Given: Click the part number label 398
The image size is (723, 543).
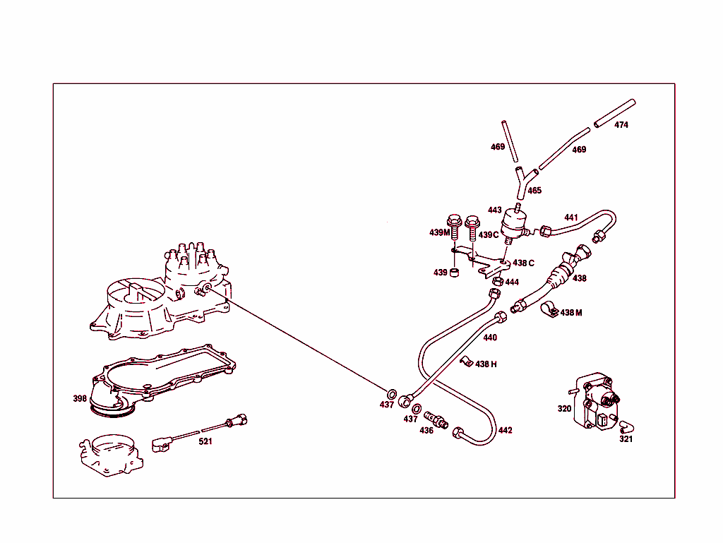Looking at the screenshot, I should pos(80,398).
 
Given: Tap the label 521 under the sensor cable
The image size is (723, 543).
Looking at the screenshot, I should pos(205,441).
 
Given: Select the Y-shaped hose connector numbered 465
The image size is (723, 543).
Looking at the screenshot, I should pos(522,179).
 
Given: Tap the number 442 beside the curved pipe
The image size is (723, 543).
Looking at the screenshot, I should pos(505,430).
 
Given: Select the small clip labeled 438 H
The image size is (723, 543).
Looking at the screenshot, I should pos(465,362).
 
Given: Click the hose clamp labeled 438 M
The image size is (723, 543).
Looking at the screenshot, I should pos(549,310).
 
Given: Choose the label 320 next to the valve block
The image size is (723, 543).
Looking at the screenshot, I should pos(564,408).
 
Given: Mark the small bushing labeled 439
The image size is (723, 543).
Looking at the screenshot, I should pos(456,273).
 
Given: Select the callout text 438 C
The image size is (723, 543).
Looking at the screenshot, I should pos(523,263).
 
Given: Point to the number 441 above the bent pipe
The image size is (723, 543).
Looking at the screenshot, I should pos(570,217).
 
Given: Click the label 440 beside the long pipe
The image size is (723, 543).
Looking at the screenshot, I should pos(489,338).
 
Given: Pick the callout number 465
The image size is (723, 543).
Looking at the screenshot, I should pos(534,191).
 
